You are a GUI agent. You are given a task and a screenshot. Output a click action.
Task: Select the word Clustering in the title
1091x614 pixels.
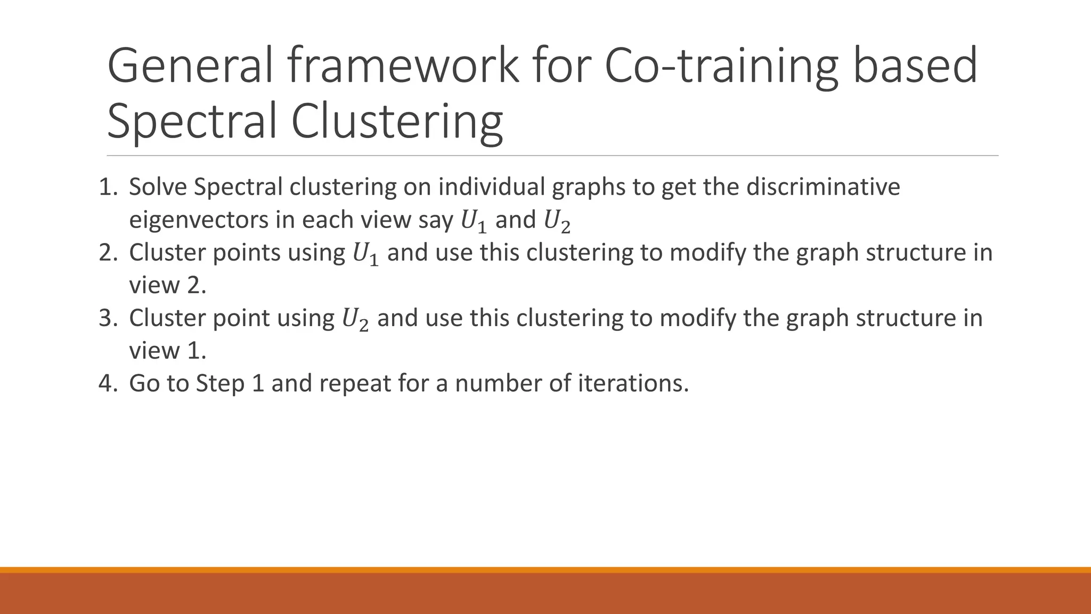point(397,121)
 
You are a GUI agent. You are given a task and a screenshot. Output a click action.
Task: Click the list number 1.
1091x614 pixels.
point(108,187)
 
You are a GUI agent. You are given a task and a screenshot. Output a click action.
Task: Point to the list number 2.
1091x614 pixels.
point(108,253)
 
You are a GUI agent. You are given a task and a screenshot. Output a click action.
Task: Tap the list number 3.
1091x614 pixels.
point(108,318)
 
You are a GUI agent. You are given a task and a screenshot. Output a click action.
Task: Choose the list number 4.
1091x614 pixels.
point(108,384)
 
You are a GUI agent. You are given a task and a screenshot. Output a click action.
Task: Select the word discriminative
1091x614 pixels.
point(823,187)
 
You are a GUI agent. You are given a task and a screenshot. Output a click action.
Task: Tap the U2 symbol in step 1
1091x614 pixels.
point(556,221)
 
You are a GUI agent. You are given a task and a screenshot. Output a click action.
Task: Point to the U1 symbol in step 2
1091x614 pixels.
point(366,254)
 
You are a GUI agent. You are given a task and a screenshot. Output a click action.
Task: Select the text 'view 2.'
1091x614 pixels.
point(167,286)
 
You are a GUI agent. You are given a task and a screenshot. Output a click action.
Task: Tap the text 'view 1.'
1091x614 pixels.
point(167,351)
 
